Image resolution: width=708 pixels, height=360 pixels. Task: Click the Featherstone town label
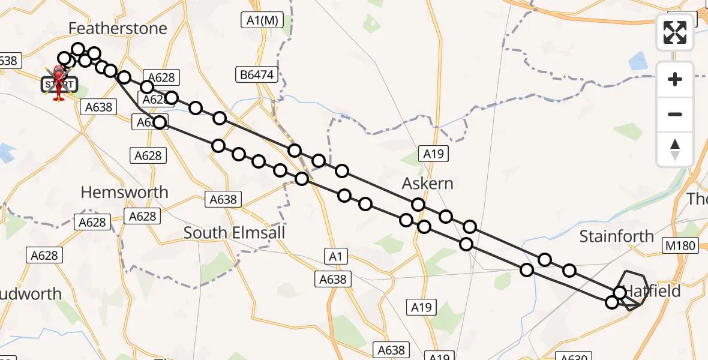click(x=118, y=28)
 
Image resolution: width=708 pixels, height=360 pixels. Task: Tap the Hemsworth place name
click(x=124, y=193)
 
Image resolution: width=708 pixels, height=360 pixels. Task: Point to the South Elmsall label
click(x=234, y=233)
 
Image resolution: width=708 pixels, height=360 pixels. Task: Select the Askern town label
click(x=428, y=184)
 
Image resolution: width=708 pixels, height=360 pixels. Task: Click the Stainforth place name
click(x=616, y=237)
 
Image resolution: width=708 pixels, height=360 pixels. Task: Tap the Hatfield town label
click(x=654, y=292)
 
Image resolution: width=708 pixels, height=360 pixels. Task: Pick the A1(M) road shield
click(x=263, y=20)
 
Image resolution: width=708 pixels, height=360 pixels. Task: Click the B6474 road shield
click(x=257, y=75)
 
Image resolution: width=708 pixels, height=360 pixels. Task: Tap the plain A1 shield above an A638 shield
click(x=335, y=257)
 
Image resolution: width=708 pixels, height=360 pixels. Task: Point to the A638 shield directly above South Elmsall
click(x=223, y=199)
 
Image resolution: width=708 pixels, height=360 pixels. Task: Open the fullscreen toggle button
click(x=675, y=32)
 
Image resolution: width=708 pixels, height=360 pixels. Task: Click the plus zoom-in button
click(x=675, y=79)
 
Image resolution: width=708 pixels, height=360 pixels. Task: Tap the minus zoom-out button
click(x=675, y=114)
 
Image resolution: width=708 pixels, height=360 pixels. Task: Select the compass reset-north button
click(x=675, y=149)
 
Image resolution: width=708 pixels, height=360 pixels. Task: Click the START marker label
click(x=59, y=85)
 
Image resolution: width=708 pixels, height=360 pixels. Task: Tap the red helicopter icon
click(x=59, y=78)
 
